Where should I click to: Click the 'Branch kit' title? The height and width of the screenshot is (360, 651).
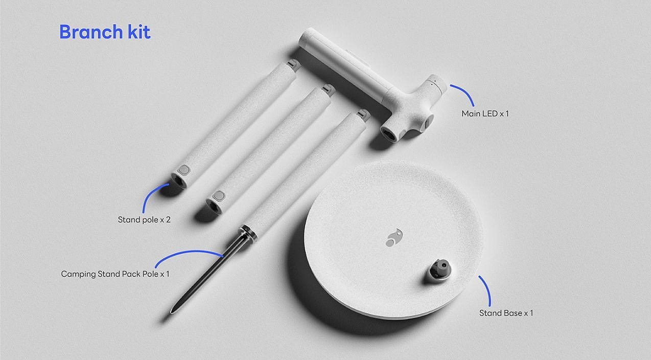105,32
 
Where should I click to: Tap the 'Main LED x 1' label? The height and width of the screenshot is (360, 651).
485,114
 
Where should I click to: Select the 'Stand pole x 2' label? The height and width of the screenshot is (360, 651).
144,219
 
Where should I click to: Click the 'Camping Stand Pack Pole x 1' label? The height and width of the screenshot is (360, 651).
115,274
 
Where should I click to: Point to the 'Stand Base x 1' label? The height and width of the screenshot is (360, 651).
506,313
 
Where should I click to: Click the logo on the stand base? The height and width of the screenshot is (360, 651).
394,238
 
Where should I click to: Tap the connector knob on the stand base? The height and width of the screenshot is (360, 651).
440,270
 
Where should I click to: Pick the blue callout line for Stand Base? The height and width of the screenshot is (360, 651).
487,289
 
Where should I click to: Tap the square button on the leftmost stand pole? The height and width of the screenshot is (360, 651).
183,170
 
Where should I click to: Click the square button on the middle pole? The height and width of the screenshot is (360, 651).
219,196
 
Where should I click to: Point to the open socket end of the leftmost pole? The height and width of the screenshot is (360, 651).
178,181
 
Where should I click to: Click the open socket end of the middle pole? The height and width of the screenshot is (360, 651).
213,206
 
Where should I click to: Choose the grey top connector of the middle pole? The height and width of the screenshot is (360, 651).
329,89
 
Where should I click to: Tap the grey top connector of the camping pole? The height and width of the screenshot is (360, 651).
364,115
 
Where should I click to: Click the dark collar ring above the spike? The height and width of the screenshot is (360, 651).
248,234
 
